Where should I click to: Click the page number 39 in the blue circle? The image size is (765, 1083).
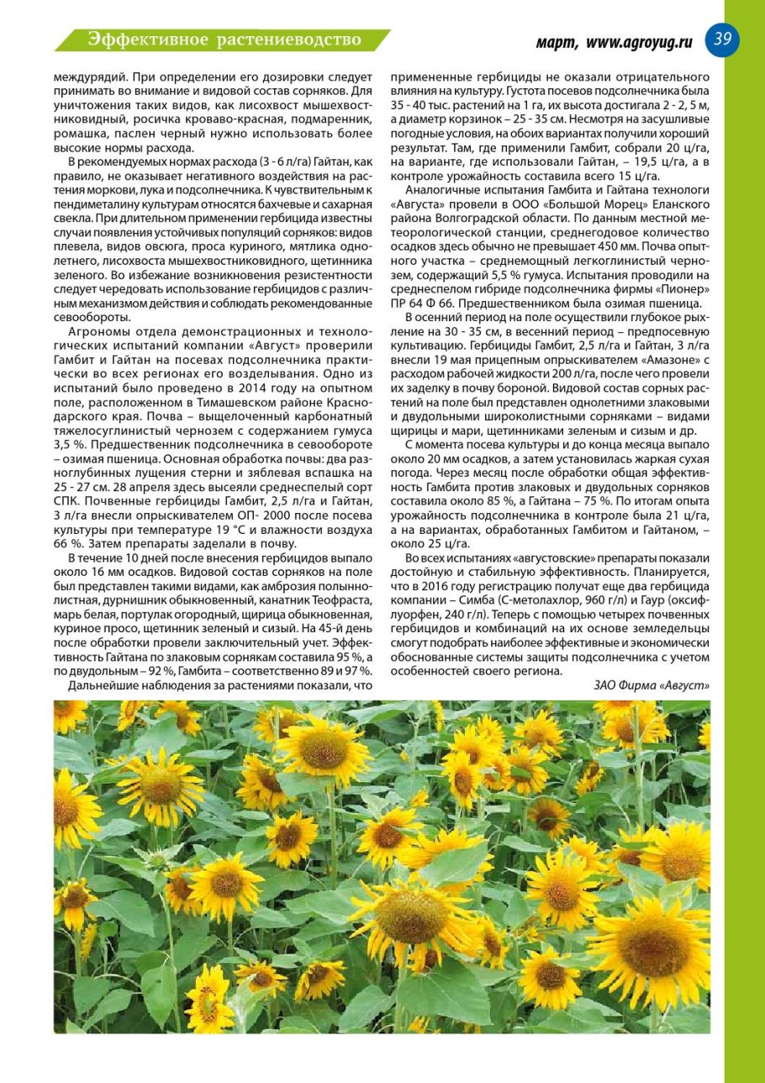pyautogui.click(x=722, y=39)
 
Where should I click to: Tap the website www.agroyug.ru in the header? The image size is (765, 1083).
pyautogui.click(x=639, y=42)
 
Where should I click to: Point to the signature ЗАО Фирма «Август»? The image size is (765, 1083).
pyautogui.click(x=652, y=685)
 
